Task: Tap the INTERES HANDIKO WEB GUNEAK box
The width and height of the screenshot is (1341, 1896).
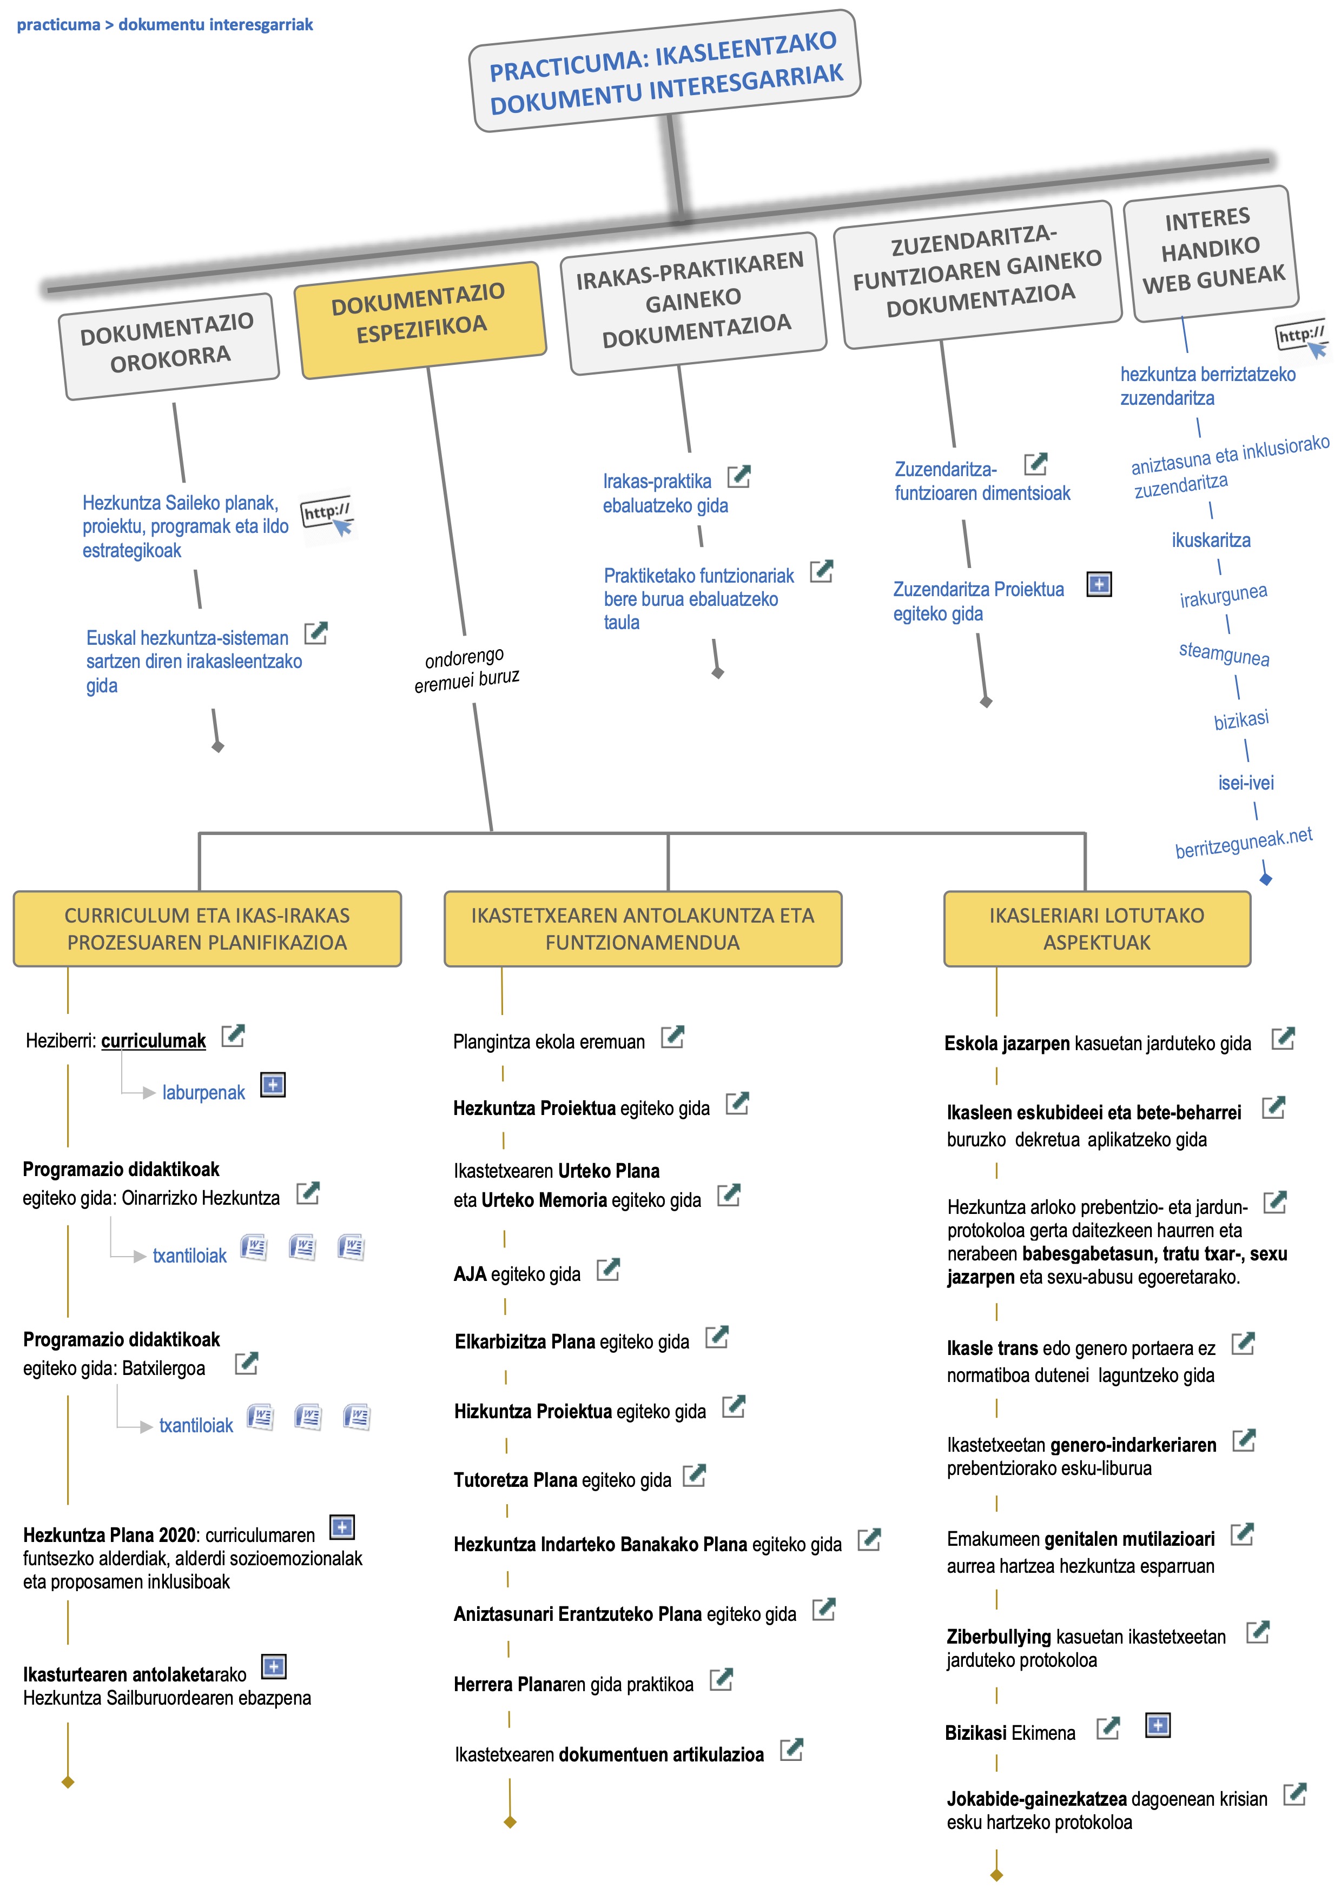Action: (1211, 253)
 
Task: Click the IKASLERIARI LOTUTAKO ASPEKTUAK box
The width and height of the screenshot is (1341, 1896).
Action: (1096, 928)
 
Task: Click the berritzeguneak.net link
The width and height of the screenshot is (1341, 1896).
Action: (1244, 842)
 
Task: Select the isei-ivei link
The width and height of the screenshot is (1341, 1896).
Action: (1246, 782)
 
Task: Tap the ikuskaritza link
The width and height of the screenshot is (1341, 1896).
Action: (1211, 540)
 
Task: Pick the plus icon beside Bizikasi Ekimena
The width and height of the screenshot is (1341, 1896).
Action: (1158, 1725)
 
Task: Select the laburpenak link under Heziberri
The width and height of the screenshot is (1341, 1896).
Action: (203, 1092)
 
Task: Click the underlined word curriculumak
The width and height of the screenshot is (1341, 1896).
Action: (154, 1040)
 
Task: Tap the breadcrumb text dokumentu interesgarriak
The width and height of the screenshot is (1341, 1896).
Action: (216, 25)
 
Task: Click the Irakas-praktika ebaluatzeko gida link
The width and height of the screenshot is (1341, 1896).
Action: (665, 493)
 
